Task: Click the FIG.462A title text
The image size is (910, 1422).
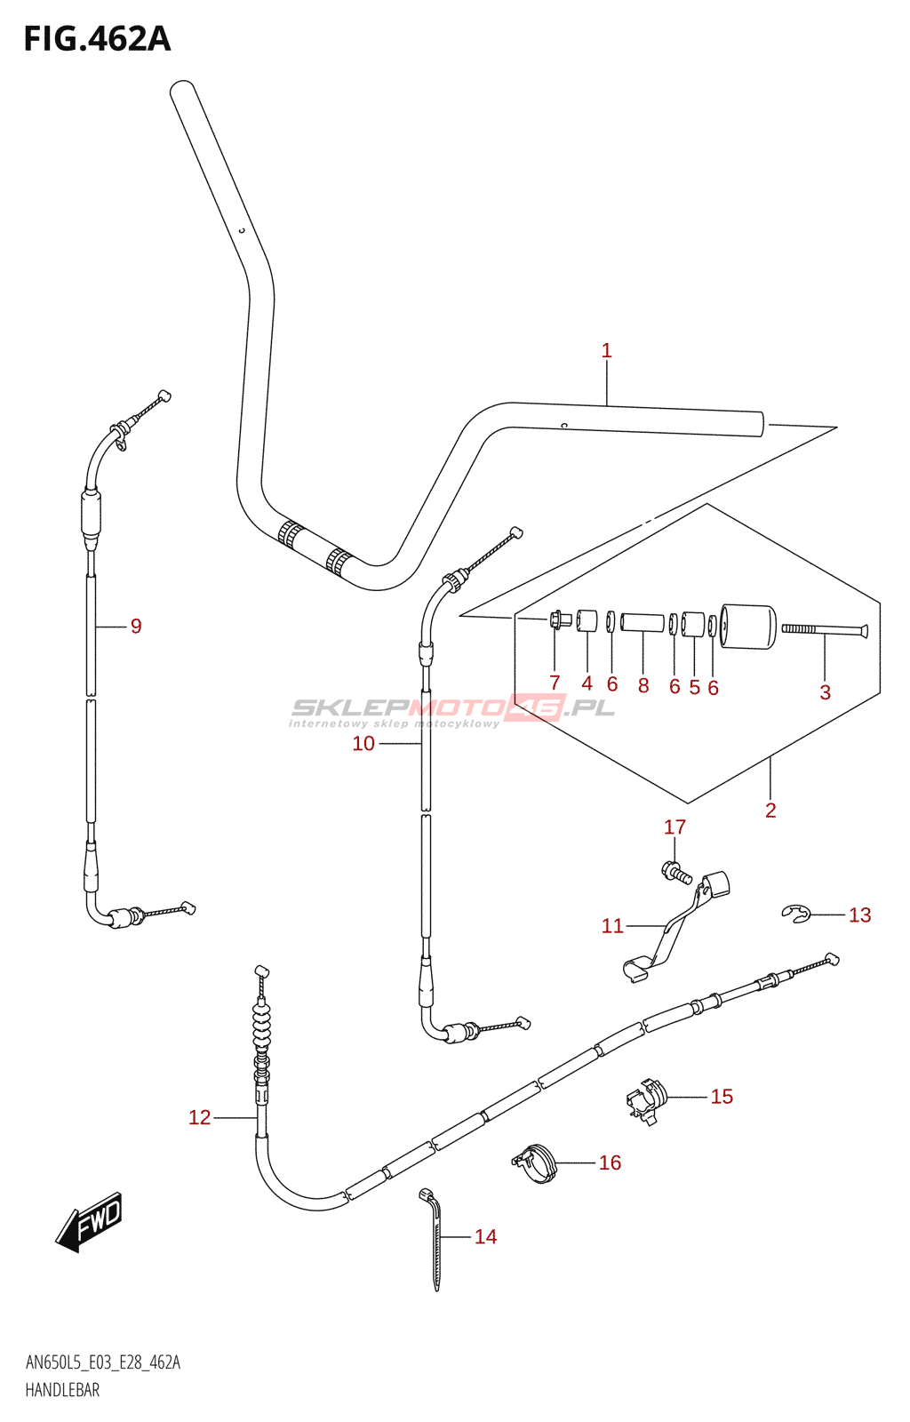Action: pyautogui.click(x=97, y=39)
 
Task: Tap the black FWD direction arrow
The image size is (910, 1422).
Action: pyautogui.click(x=88, y=1222)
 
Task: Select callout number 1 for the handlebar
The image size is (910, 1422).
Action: pyautogui.click(x=606, y=350)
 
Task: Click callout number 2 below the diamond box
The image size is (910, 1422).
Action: pyautogui.click(x=770, y=810)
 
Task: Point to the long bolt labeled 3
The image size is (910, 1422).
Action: pyautogui.click(x=825, y=629)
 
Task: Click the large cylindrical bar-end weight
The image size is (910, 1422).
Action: pyautogui.click(x=749, y=626)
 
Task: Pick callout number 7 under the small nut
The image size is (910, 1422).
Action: pyautogui.click(x=555, y=683)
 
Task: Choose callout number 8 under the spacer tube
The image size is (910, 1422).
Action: pyautogui.click(x=643, y=685)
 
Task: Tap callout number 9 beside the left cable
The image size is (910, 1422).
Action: pyautogui.click(x=136, y=627)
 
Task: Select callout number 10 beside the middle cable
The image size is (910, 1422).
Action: pyautogui.click(x=363, y=743)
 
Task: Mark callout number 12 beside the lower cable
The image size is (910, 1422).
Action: pyautogui.click(x=199, y=1118)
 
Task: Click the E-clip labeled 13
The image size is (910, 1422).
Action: pyautogui.click(x=795, y=915)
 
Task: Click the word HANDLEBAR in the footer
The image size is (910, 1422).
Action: pyautogui.click(x=62, y=1390)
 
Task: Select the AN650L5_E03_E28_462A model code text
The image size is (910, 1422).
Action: pyautogui.click(x=103, y=1362)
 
